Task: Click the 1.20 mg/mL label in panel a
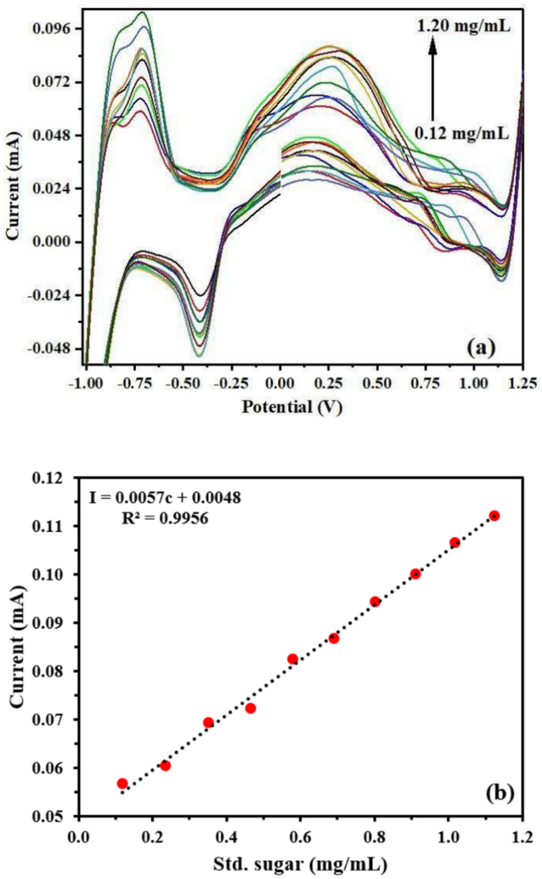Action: tap(464, 27)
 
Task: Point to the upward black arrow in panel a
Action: tap(433, 79)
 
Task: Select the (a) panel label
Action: tap(481, 345)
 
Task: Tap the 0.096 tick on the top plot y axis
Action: tap(51, 29)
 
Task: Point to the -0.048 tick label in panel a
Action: tap(49, 348)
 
